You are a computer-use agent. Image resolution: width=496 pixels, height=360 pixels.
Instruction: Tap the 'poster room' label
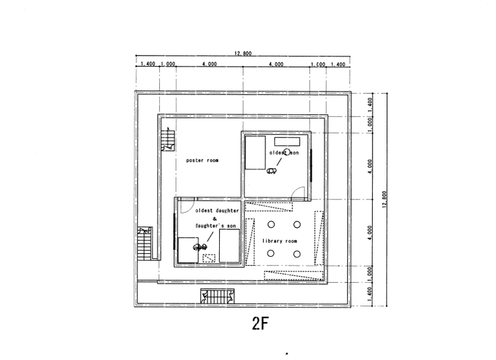[203, 160]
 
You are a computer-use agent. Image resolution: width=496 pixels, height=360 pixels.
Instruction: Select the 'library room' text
[280, 241]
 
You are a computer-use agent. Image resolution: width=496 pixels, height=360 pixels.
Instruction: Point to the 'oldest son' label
[284, 151]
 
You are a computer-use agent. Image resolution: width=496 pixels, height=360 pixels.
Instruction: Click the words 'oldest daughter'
[217, 209]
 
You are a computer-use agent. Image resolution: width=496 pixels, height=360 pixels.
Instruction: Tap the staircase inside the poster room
[166, 139]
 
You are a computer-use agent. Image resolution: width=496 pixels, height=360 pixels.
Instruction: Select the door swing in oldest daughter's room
[185, 206]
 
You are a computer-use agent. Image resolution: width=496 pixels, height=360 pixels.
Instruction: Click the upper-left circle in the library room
[271, 225]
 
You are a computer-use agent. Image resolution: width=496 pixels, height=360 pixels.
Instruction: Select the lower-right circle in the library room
[297, 253]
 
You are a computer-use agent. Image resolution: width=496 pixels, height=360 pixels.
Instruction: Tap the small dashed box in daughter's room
[209, 258]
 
